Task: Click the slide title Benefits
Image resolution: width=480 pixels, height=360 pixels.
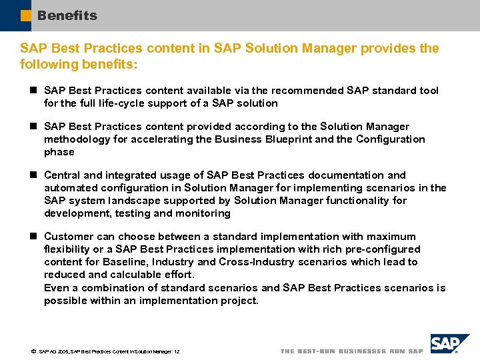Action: [x=67, y=15]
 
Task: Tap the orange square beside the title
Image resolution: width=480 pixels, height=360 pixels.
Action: [x=25, y=15]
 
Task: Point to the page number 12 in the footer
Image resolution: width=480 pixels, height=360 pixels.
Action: [x=177, y=351]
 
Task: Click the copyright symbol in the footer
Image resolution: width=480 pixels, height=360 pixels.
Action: [x=33, y=351]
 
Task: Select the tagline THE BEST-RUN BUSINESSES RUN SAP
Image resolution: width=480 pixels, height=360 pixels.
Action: [x=351, y=351]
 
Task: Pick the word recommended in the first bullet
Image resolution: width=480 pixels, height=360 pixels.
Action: [x=281, y=91]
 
